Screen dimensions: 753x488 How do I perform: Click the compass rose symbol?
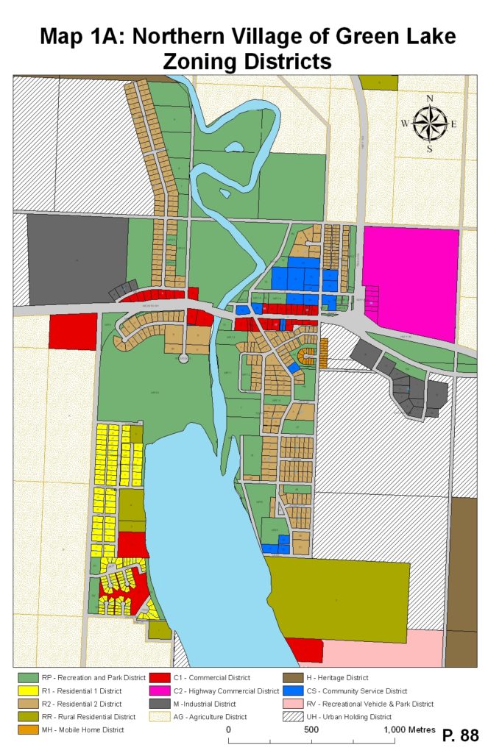tap(431, 124)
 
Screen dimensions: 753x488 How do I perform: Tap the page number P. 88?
tap(460, 735)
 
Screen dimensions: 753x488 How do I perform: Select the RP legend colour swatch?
tap(28, 677)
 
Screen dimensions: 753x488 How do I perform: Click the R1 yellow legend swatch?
tap(28, 690)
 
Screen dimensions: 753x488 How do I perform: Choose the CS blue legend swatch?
tap(291, 690)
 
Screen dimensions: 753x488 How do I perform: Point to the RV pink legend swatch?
tap(291, 704)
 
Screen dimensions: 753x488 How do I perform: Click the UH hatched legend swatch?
tap(291, 716)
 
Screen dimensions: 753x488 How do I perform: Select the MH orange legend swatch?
tap(28, 729)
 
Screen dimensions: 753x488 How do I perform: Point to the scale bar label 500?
tap(311, 729)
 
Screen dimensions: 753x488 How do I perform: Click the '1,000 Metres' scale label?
tap(409, 729)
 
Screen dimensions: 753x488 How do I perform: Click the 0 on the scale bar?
tap(229, 729)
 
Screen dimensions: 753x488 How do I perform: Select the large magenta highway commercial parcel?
tap(412, 279)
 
